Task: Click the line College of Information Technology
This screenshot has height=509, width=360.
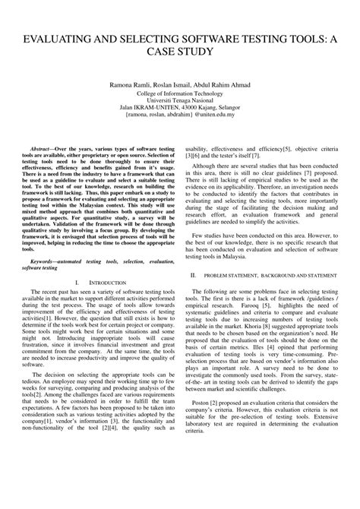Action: point(180,93)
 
